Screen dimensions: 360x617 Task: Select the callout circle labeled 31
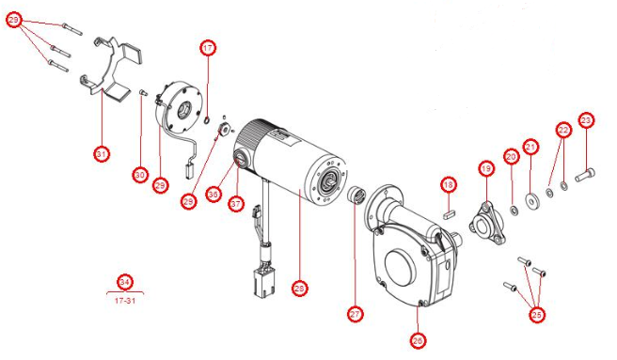[102, 152]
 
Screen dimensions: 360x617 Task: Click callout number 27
[355, 313]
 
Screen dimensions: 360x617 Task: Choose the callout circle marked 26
[419, 339]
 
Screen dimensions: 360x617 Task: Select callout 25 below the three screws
[537, 316]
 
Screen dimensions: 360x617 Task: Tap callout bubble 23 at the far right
[587, 120]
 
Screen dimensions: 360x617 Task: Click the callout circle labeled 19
[486, 169]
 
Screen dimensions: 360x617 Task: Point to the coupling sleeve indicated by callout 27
[357, 198]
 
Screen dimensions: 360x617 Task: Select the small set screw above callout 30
[142, 93]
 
